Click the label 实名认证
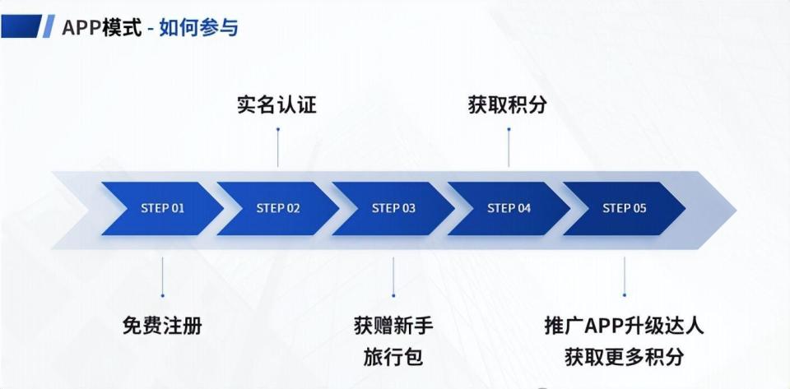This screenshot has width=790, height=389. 277,105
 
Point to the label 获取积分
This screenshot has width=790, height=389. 508,105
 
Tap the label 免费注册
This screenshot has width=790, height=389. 162,326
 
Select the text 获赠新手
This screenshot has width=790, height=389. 393,326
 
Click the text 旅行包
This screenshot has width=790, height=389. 393,357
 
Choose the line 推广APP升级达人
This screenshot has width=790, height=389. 625,326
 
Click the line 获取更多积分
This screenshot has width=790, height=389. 625,357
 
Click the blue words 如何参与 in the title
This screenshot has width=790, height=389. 198,27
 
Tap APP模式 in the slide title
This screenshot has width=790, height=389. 102,27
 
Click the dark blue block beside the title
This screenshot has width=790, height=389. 21,26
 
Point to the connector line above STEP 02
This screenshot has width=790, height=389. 277,147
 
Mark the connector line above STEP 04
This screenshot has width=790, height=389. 509,147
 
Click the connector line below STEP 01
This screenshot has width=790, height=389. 162,277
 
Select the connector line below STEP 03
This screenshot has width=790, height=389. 393,277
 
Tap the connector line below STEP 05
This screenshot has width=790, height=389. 625,277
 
